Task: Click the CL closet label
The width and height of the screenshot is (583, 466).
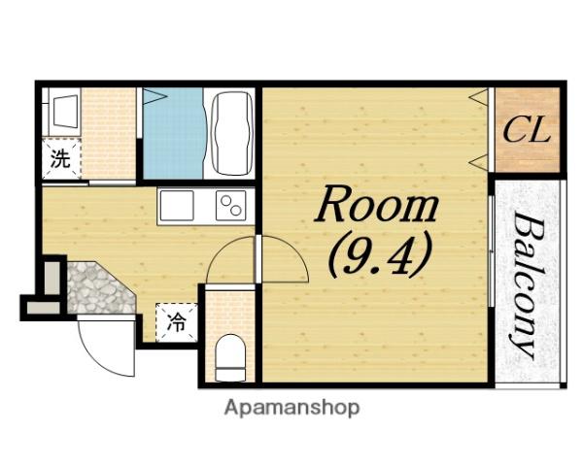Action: click(527, 129)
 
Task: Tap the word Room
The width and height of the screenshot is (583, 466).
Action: click(377, 204)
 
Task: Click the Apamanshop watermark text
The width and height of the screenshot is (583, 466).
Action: click(291, 408)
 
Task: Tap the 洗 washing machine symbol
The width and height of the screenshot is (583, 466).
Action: click(61, 158)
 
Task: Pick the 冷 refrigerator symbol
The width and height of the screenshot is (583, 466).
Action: click(176, 322)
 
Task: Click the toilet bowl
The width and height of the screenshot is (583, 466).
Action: click(230, 358)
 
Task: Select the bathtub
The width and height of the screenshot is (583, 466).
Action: click(231, 134)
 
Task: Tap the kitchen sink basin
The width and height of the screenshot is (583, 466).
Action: click(177, 206)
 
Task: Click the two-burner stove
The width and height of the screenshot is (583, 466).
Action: click(231, 206)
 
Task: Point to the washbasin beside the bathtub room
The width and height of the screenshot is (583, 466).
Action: click(66, 111)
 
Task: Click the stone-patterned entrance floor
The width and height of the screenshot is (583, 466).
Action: click(100, 287)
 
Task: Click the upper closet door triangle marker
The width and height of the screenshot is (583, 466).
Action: click(479, 97)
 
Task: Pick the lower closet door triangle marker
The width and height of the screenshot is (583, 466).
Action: click(479, 162)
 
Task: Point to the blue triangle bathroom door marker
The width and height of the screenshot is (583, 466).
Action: click(154, 96)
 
